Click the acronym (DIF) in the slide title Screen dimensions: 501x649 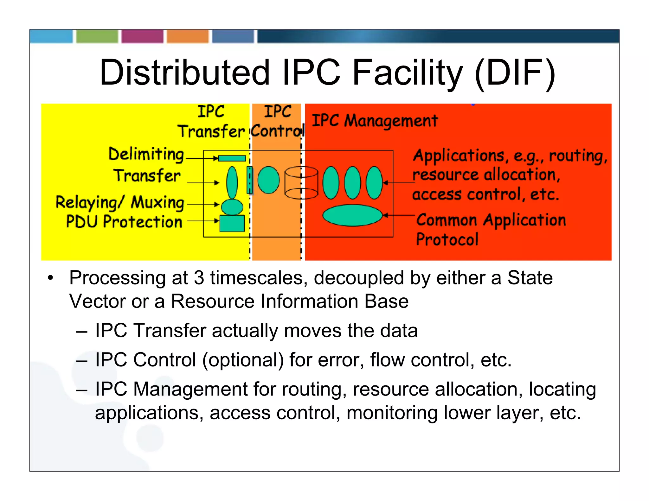pyautogui.click(x=515, y=73)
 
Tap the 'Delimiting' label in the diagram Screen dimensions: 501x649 pyautogui.click(x=146, y=155)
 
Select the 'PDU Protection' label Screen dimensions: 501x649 pyautogui.click(x=124, y=222)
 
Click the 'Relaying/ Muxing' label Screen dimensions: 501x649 pyautogui.click(x=120, y=203)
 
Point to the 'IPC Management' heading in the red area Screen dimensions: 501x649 pyautogui.click(x=375, y=121)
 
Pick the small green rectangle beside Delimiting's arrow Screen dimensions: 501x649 pyautogui.click(x=232, y=158)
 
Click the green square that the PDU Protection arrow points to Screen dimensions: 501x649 pyautogui.click(x=232, y=224)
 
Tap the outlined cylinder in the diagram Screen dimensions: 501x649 pyautogui.click(x=301, y=183)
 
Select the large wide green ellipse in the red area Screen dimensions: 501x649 pyautogui.click(x=352, y=215)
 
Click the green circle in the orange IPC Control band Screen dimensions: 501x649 pyautogui.click(x=268, y=180)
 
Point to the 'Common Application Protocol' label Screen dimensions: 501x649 pyautogui.click(x=491, y=229)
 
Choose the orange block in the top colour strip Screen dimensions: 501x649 pyautogui.click(x=188, y=36)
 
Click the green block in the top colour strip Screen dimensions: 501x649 pyautogui.click(x=97, y=36)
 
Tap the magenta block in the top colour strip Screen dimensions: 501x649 pyautogui.click(x=142, y=36)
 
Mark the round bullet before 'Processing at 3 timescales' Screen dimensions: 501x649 pyautogui.click(x=50, y=278)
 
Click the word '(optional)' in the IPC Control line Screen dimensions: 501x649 pyautogui.click(x=243, y=360)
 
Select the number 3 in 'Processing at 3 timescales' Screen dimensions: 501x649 pyautogui.click(x=199, y=278)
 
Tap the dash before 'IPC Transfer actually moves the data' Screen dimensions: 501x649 pyautogui.click(x=82, y=331)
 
